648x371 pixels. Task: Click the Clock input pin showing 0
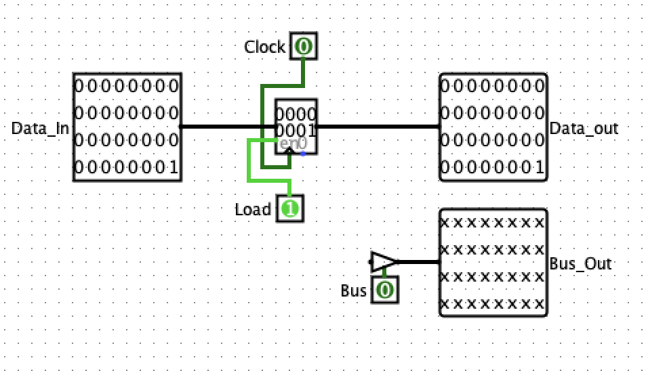tap(303, 47)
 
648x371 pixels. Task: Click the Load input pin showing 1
tap(290, 209)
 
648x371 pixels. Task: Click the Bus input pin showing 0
tap(385, 290)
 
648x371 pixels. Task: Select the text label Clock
tap(265, 47)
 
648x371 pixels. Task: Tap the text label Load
tap(253, 210)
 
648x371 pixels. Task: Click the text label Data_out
tap(584, 128)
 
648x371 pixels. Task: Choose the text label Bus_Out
tap(580, 263)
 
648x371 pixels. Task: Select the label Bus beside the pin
tap(353, 291)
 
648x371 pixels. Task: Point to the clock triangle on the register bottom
tap(289, 151)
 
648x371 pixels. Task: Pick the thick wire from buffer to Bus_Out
tap(419, 261)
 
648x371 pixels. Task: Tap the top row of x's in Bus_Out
tap(493, 222)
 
